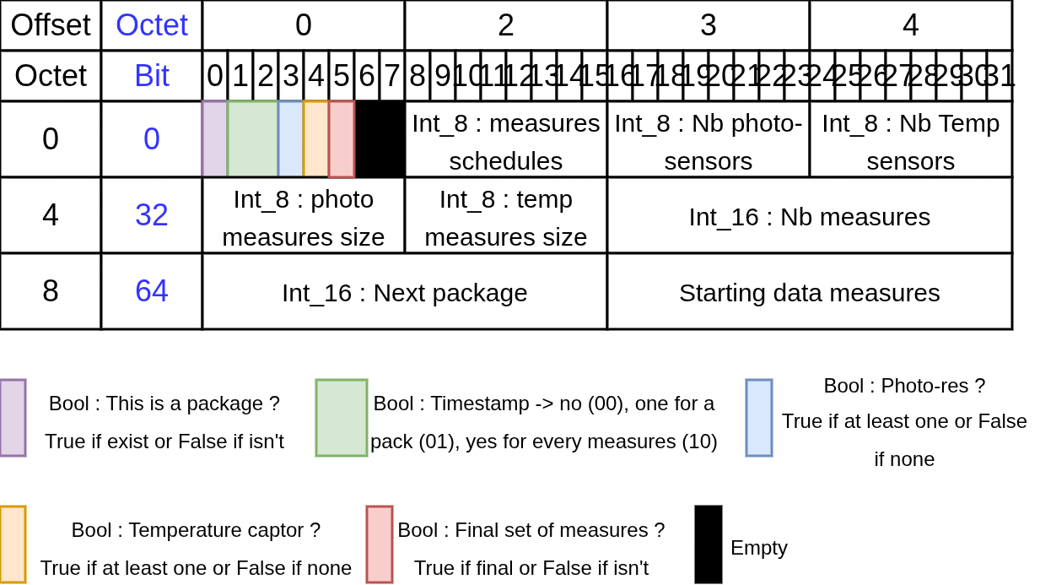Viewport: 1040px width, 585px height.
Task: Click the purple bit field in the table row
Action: click(x=214, y=139)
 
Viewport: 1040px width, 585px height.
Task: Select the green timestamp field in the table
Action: click(x=252, y=139)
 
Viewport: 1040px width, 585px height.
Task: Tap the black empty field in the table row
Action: click(x=380, y=139)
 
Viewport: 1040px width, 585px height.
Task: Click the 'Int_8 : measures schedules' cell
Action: click(x=506, y=140)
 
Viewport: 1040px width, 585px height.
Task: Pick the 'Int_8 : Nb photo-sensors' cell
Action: click(x=709, y=140)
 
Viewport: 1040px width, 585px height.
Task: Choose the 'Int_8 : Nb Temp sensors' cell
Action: click(x=911, y=140)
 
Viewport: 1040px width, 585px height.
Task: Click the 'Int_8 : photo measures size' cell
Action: click(x=304, y=216)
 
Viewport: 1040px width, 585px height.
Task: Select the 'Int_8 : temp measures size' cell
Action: click(x=506, y=216)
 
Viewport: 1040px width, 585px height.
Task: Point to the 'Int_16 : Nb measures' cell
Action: click(x=810, y=216)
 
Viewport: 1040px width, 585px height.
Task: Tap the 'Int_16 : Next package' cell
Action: click(x=405, y=292)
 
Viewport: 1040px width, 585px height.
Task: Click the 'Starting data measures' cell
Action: click(x=810, y=292)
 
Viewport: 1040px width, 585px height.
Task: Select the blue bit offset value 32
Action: click(x=152, y=215)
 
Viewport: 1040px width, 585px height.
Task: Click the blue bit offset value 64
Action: click(x=152, y=291)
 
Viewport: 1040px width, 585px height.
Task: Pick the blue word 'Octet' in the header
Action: click(x=152, y=25)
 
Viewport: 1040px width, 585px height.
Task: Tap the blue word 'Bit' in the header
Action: click(x=152, y=76)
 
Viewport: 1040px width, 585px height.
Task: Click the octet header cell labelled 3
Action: click(x=709, y=25)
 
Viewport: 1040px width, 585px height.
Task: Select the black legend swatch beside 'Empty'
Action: click(x=709, y=544)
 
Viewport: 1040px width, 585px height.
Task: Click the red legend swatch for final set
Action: click(x=380, y=544)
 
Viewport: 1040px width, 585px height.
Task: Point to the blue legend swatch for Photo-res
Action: click(x=759, y=418)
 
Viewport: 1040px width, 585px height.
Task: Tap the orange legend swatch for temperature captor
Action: click(x=13, y=544)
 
